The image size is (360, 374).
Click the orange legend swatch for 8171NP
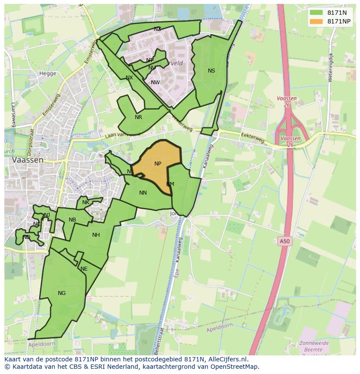coord(316,21)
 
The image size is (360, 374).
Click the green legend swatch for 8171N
coord(316,13)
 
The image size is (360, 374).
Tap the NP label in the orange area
coord(158,164)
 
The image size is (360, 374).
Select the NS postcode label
coord(211,71)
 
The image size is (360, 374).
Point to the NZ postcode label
coord(157,29)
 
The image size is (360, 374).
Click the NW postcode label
coord(155,83)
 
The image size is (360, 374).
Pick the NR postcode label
coord(138,117)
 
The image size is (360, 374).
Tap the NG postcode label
coord(62,293)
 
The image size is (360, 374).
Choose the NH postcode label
coord(96,235)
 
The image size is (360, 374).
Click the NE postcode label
coord(84,269)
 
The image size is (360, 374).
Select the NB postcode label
coord(72,220)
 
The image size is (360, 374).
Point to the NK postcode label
coord(86,202)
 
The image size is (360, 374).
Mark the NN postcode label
coord(143,193)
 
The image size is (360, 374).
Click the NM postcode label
coord(170,184)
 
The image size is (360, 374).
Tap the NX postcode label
coord(129,78)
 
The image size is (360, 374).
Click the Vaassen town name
coord(28,160)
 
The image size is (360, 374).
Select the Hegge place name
coord(48,73)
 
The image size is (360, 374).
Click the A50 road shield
coord(284,241)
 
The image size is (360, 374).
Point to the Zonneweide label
coord(314,343)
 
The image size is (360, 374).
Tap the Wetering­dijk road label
coord(331,67)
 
